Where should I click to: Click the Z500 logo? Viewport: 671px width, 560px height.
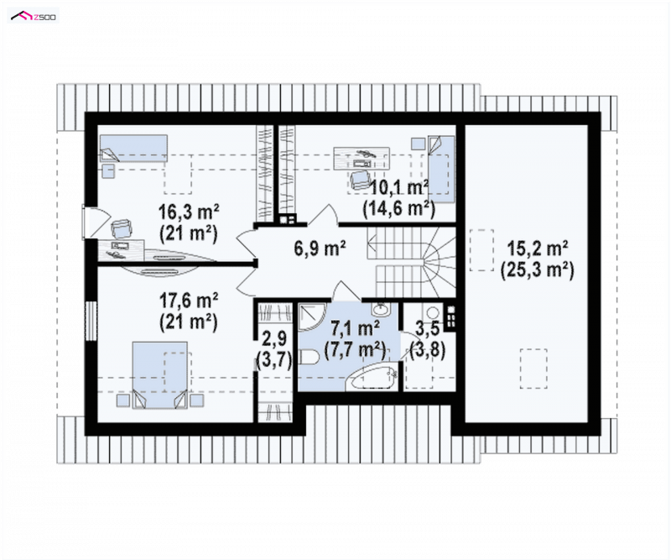tap(33, 16)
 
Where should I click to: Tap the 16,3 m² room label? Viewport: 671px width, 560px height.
tap(189, 212)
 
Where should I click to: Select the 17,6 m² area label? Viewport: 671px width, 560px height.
tap(189, 301)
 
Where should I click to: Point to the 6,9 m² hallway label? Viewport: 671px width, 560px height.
tap(320, 248)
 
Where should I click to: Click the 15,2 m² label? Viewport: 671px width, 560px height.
tap(537, 248)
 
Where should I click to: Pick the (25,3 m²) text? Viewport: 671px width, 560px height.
tap(537, 270)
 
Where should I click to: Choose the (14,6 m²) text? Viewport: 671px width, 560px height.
tap(399, 209)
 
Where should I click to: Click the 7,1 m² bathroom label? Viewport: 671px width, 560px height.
tap(355, 328)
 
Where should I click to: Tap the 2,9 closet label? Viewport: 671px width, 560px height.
tap(274, 338)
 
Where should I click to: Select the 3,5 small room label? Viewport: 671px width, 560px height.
tap(427, 328)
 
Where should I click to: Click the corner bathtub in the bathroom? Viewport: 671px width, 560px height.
tap(372, 377)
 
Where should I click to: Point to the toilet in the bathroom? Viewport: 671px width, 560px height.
tap(308, 358)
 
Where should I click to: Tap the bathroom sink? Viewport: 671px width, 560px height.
tap(379, 309)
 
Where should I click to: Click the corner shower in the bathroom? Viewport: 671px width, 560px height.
tap(312, 317)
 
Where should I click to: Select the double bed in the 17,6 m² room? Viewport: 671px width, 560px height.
tap(159, 375)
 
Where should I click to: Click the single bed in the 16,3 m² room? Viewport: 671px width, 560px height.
tap(133, 149)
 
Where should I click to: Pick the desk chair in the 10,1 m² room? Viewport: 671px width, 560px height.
tap(359, 180)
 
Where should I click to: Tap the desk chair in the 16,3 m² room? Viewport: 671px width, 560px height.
tap(121, 228)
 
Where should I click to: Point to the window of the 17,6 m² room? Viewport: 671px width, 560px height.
tap(91, 322)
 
